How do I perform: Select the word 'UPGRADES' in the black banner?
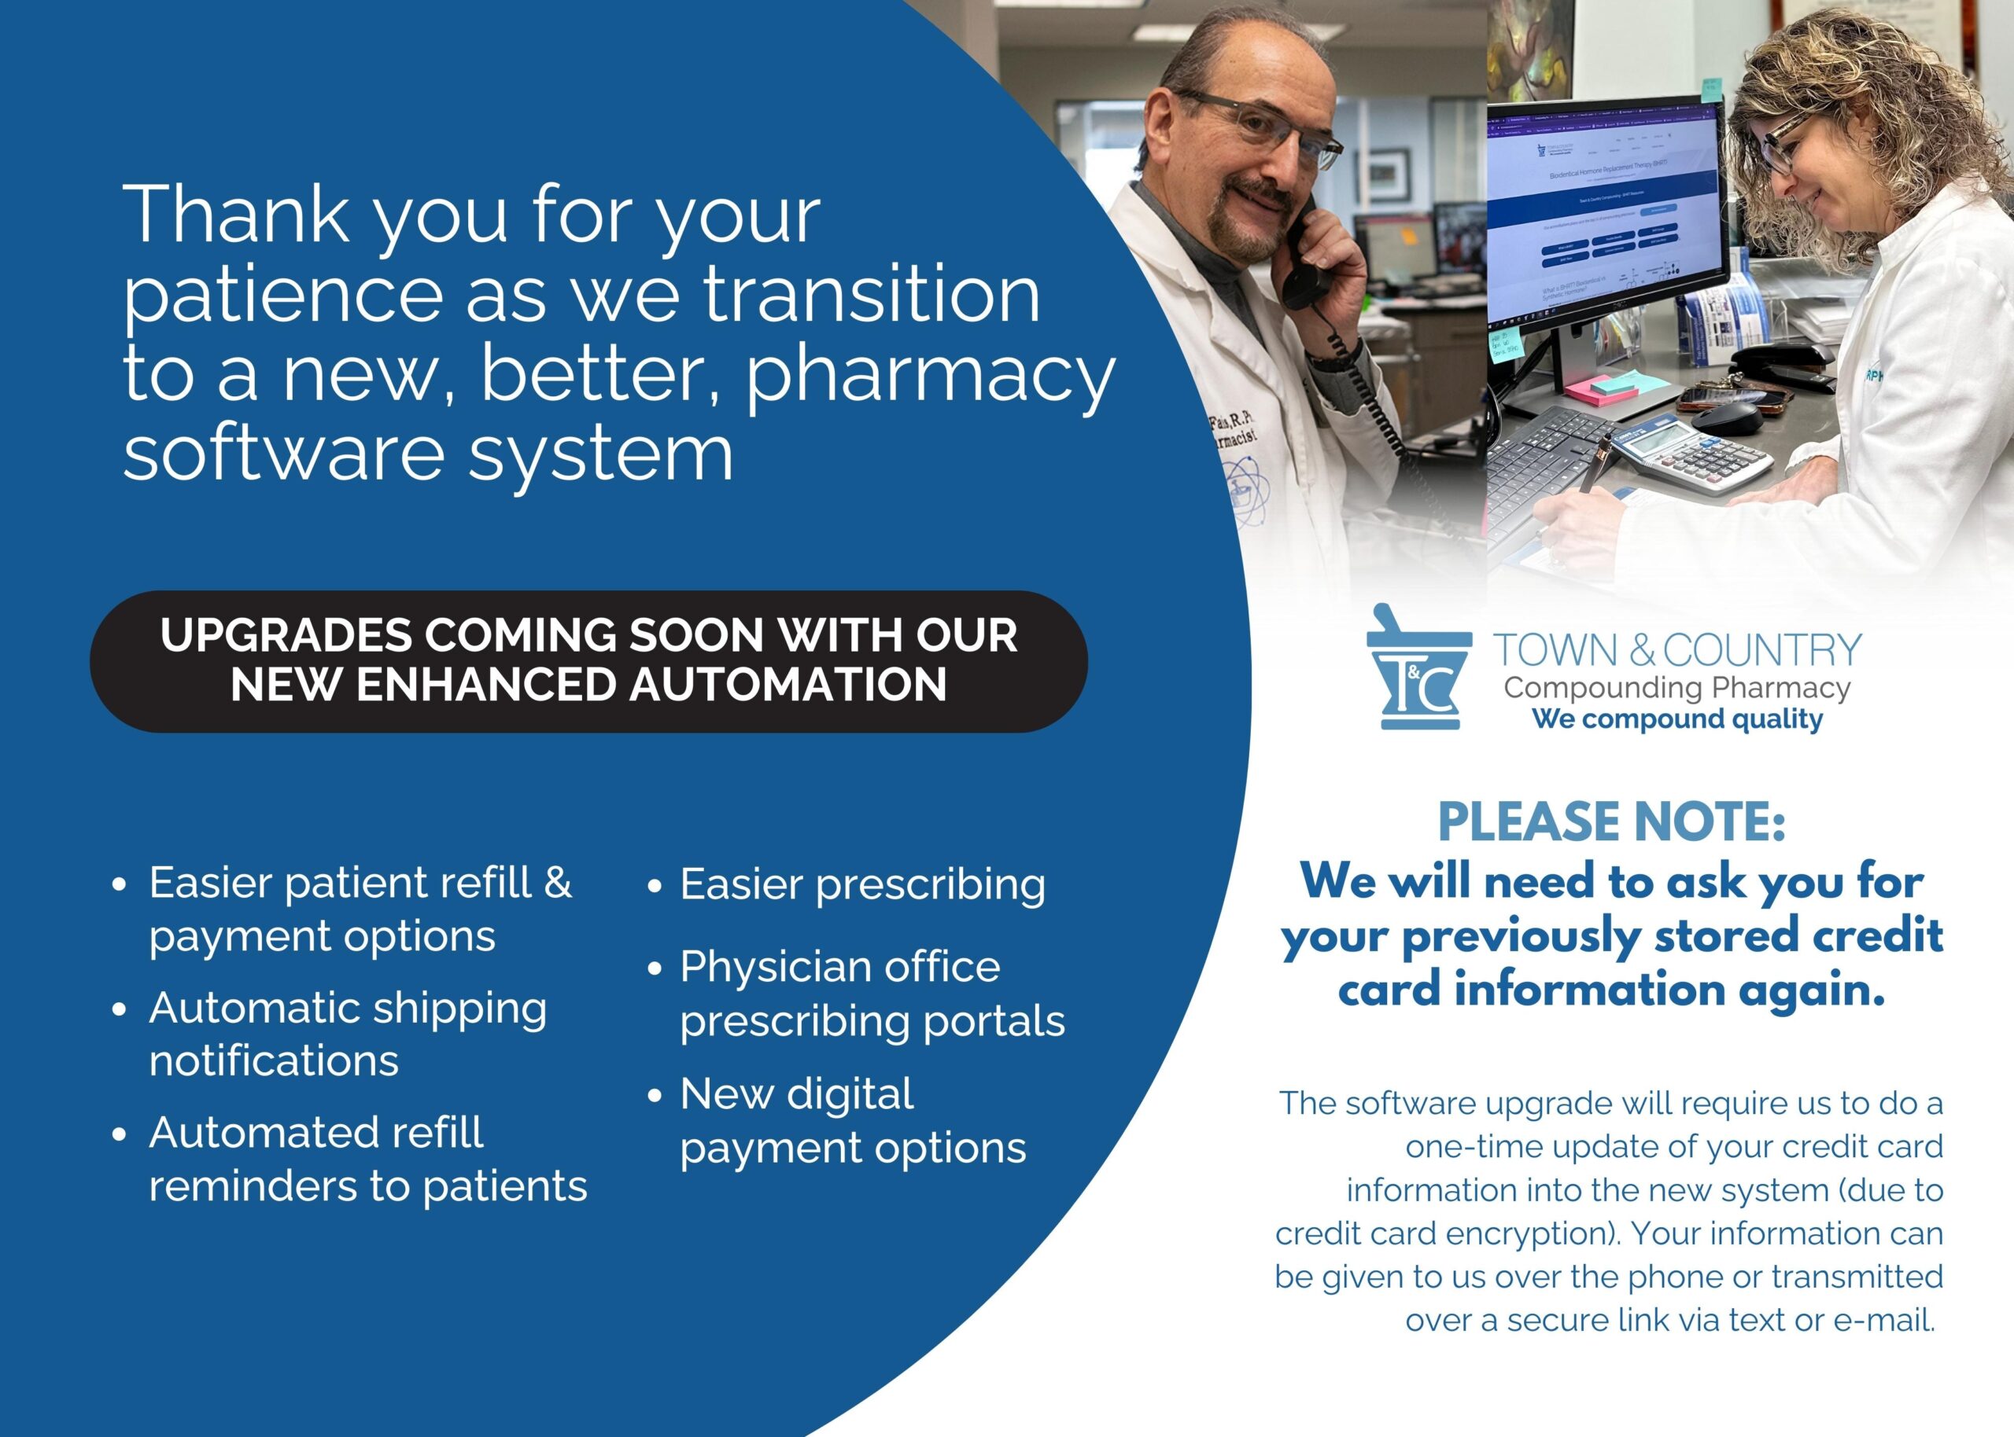click(286, 635)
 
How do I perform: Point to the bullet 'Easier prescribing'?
click(862, 886)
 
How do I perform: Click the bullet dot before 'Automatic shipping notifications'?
click(120, 1009)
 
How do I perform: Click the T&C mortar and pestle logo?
click(1418, 667)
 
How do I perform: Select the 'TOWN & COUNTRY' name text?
click(1676, 650)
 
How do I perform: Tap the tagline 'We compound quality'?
click(1676, 718)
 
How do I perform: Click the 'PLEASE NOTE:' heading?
click(1611, 821)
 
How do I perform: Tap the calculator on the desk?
click(1691, 458)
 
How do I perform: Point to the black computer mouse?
click(1727, 417)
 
